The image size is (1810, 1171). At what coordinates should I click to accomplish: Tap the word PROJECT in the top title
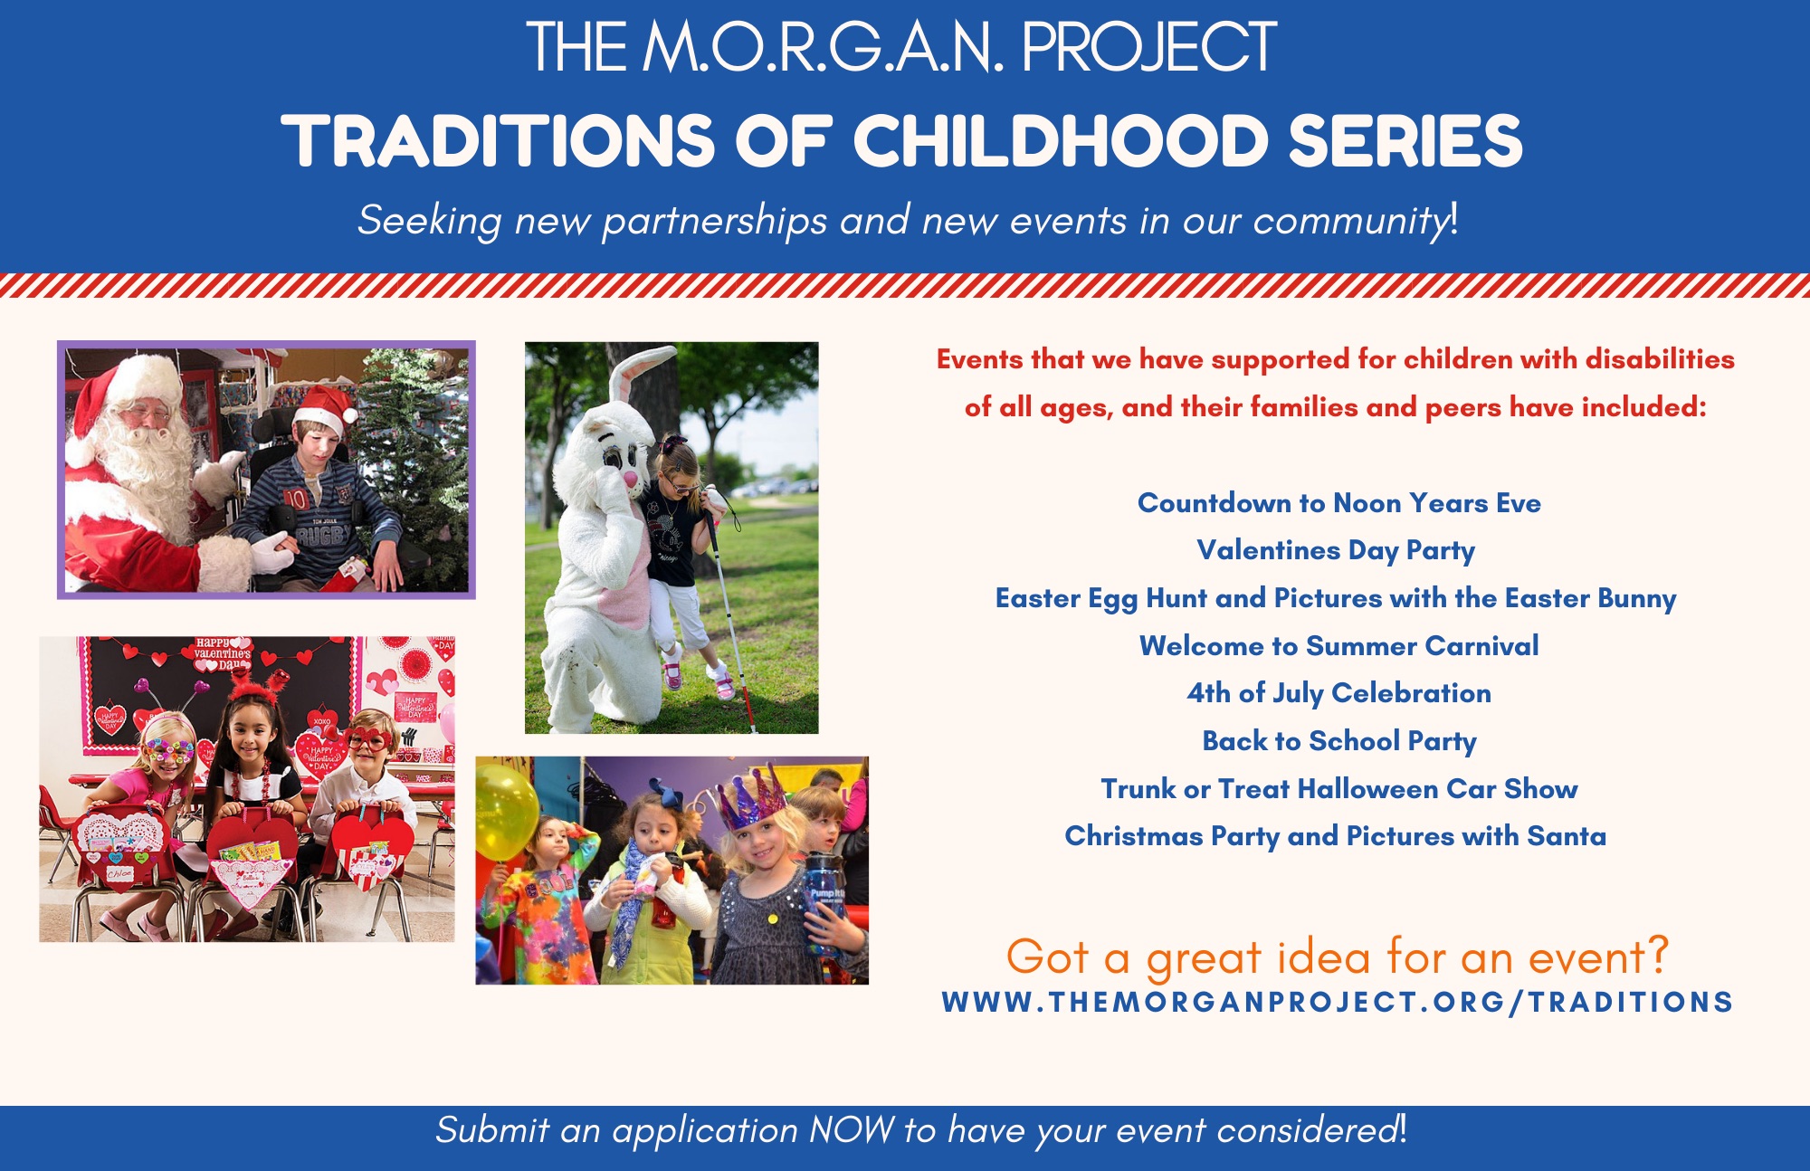[x=1149, y=47]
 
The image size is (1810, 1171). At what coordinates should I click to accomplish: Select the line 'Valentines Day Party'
[x=1336, y=550]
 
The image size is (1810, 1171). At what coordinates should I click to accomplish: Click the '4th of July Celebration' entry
[x=1338, y=693]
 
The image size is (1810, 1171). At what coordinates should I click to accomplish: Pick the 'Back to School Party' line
[x=1339, y=741]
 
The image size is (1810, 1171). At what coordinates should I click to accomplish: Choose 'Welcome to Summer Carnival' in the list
[x=1338, y=645]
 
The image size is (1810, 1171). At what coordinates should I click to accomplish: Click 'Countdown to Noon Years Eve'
[x=1338, y=502]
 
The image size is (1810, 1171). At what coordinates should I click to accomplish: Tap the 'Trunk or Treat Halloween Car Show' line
[x=1338, y=788]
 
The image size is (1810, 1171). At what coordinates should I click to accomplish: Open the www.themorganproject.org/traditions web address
[x=1337, y=1002]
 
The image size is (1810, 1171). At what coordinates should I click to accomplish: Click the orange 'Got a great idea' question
[x=1337, y=957]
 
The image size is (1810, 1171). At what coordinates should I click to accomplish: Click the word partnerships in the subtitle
[x=714, y=222]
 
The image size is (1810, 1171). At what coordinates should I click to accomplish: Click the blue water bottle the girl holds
[x=824, y=896]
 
